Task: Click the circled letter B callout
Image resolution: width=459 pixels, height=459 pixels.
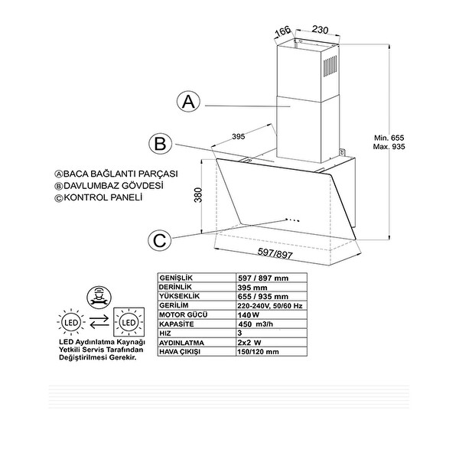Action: tap(159, 143)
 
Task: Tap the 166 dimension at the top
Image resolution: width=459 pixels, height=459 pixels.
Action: tap(283, 31)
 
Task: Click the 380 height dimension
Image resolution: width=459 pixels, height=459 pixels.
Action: tap(197, 196)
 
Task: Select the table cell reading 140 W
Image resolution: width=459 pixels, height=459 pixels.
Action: tap(244, 314)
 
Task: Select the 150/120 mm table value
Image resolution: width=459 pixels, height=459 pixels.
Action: tap(259, 351)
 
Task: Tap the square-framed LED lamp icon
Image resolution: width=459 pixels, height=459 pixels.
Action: tap(127, 322)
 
